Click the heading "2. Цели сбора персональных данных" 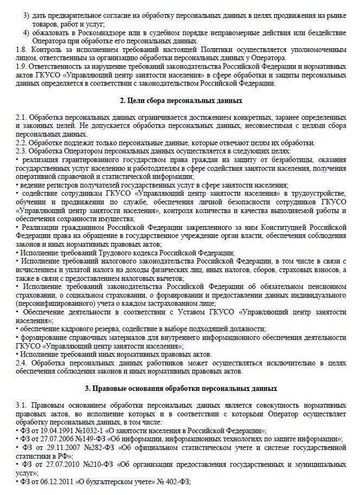coord(180,101)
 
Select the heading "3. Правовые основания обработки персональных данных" coord(180,388)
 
